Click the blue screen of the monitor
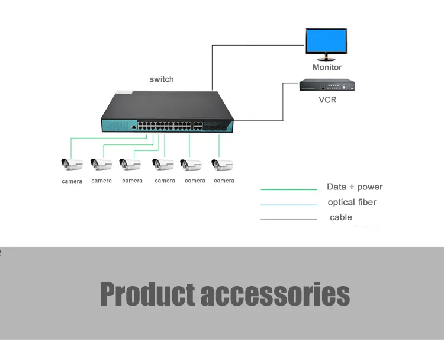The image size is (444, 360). pos(326,41)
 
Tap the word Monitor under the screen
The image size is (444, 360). pos(327,67)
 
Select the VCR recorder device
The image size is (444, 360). pos(327,85)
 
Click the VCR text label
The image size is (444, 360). pos(327,100)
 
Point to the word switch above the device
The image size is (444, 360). pos(162,79)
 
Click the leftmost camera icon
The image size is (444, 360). pos(72,164)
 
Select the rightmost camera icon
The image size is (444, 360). pos(222,165)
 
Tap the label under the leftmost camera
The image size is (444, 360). pos(72,181)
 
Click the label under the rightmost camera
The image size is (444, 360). pos(224,181)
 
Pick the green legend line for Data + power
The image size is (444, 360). pos(289,189)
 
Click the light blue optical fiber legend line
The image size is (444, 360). pos(289,204)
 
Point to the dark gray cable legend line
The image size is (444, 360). pos(289,219)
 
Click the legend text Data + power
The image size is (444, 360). pos(355,187)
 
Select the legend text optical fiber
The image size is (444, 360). pos(352,202)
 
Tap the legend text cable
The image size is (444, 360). pos(341,217)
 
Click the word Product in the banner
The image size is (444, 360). pos(147,294)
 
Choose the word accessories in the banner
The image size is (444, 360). pos(275,294)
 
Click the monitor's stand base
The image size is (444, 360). pos(326,59)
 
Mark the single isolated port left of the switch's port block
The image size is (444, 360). pos(134,127)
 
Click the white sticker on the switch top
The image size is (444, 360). pos(124,92)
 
